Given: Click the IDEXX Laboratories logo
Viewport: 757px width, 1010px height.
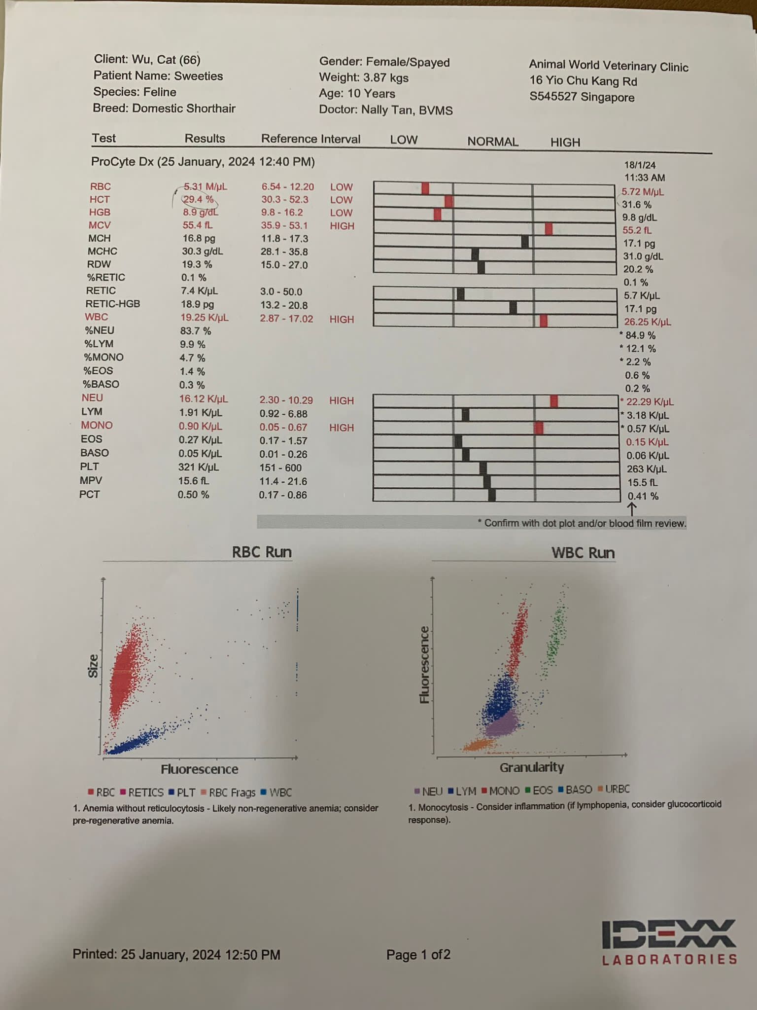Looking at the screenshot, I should tap(669, 942).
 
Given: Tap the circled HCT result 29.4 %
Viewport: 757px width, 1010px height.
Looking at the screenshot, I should tap(198, 199).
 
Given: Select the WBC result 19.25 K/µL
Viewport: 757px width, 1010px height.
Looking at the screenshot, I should tap(204, 318).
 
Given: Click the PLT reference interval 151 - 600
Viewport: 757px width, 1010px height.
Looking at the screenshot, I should tap(280, 468).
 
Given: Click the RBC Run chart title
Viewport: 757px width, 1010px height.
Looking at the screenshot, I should tap(262, 552).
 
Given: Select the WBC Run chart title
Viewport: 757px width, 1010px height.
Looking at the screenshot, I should tap(583, 553).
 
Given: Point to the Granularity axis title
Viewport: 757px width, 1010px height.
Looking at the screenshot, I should tap(532, 767).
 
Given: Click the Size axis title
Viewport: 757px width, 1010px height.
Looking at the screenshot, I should tap(93, 666).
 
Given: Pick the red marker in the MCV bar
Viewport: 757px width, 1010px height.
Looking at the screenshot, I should tap(549, 229).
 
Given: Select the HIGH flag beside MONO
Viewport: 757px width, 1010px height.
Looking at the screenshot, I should tap(342, 428).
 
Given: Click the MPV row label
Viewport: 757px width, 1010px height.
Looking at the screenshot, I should tap(91, 480).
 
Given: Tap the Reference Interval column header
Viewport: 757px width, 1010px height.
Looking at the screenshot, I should tap(310, 139).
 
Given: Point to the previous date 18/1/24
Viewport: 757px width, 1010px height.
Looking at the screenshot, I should tap(640, 165).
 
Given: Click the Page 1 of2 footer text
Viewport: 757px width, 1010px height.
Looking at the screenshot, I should tap(418, 955).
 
